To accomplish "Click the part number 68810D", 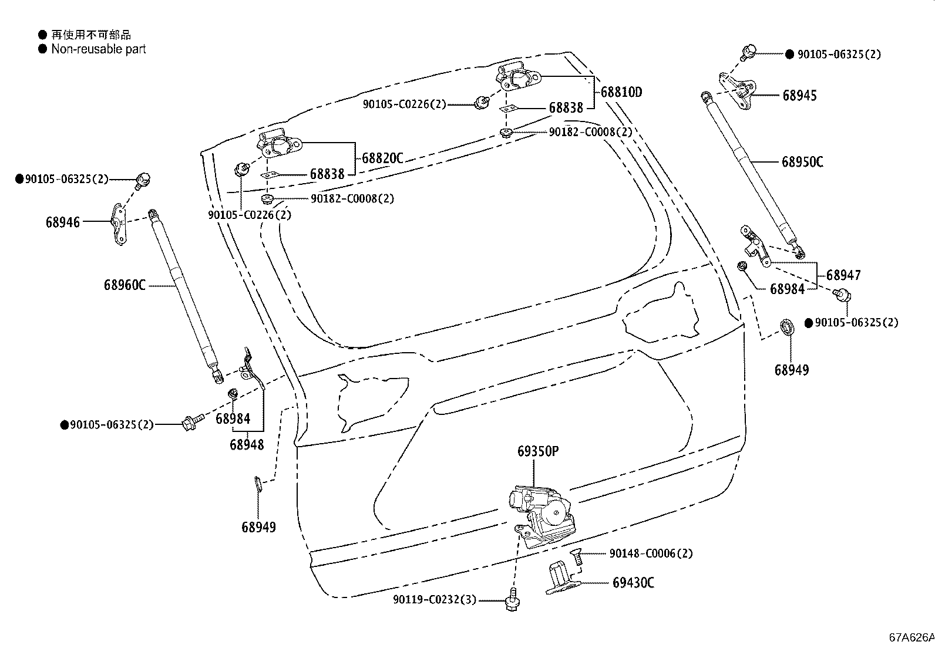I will (x=621, y=92).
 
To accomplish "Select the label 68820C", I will (x=382, y=158).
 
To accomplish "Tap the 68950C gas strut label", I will (x=802, y=161).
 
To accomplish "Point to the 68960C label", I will (x=125, y=285).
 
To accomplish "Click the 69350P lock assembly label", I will (x=537, y=451).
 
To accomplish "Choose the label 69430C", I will (x=633, y=582).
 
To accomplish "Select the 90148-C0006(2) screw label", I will (x=651, y=553).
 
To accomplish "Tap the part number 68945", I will (x=799, y=95).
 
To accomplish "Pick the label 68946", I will (x=63, y=222).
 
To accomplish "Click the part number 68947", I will (x=843, y=275).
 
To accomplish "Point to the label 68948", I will (x=247, y=444).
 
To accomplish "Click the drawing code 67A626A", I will (x=910, y=637).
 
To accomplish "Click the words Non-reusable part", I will (x=98, y=49).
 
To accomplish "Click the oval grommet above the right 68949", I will (x=787, y=326).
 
